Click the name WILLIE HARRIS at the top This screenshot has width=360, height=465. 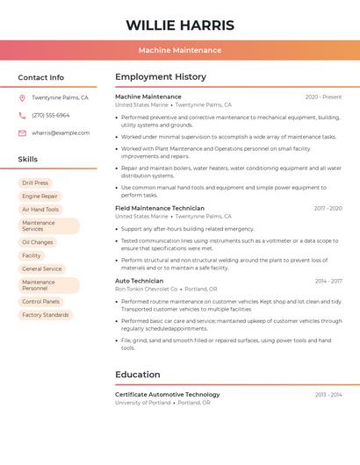coord(180,25)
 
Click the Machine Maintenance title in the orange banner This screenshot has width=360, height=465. coord(180,50)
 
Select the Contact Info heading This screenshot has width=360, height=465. coord(41,77)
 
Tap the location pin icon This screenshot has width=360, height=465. coord(22,98)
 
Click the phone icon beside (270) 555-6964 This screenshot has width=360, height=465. coord(22,116)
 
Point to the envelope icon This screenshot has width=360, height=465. coord(22,133)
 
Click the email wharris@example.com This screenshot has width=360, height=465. coord(61,133)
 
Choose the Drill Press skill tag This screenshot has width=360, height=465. coord(35,183)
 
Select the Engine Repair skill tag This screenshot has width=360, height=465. coord(40,197)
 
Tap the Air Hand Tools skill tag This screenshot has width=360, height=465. coord(40,210)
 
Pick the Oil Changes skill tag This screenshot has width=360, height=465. coord(38,242)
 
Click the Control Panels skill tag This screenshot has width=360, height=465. coord(40,302)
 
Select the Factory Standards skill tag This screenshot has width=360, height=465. coord(45,315)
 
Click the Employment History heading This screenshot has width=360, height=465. coord(161,77)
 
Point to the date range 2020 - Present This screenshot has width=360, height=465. coord(323,97)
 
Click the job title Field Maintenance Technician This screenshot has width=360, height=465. coord(160,209)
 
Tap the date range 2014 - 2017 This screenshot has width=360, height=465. coord(328,282)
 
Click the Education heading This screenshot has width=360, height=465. coord(138,375)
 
